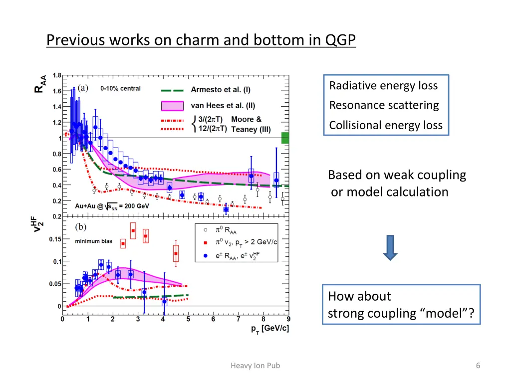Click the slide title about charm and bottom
tap(201, 39)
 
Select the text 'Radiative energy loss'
tap(383, 86)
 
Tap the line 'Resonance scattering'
tap(384, 105)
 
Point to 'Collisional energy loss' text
tap(386, 125)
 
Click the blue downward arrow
tap(390, 248)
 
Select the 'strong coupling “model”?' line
tap(401, 314)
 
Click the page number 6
tap(478, 366)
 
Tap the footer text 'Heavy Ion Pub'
tap(255, 366)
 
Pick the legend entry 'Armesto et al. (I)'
tap(221, 90)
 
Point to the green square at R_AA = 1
tap(285, 138)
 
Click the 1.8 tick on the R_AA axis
tap(57, 76)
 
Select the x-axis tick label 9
tap(288, 319)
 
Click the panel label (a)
tap(83, 88)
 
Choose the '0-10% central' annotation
tap(120, 88)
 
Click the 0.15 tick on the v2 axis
tap(55, 239)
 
